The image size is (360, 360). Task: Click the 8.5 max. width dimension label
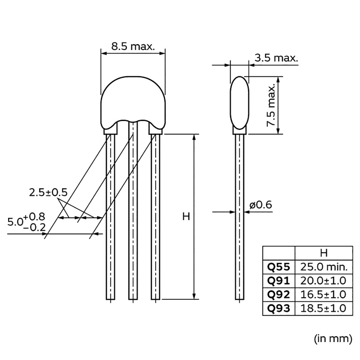coord(133,46)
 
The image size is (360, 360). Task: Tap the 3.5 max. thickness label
coord(277,58)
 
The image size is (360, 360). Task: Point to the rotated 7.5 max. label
coord(271,106)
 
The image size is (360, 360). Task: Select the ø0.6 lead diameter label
coord(261,205)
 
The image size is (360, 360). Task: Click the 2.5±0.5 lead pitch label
coord(48,193)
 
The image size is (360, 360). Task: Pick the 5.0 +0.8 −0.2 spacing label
coord(27,221)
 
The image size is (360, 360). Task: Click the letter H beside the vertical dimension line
coord(186,216)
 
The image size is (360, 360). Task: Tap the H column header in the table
coord(323,253)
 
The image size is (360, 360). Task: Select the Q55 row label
coord(279,267)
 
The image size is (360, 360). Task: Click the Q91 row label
coord(279,281)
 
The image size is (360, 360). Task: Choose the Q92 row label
coord(279,294)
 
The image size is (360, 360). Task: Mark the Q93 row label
coord(279,308)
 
